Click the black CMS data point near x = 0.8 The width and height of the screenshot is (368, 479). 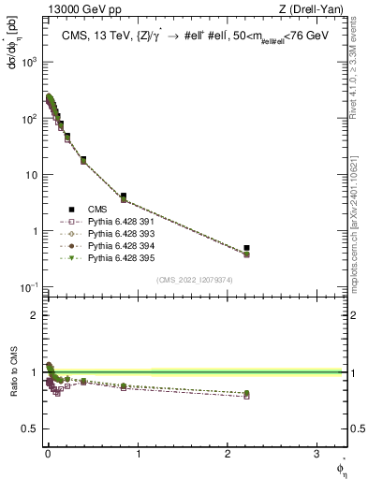pos(123,196)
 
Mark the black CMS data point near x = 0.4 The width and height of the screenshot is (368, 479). pos(83,159)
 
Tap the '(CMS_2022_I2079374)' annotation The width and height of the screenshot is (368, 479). pos(194,279)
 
